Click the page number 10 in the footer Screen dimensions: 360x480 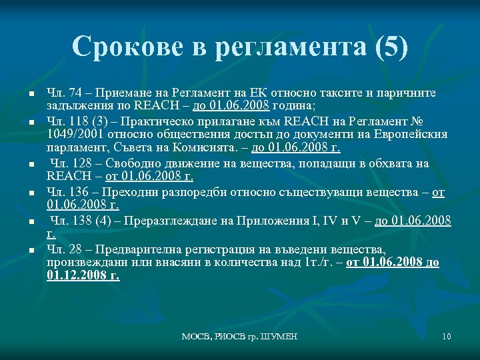(446, 336)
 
